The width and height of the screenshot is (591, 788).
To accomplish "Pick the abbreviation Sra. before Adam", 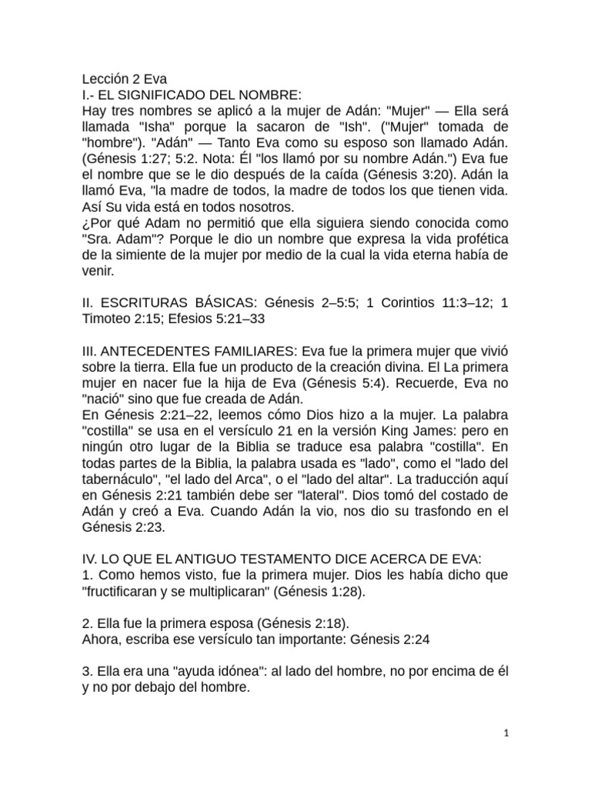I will (x=96, y=242).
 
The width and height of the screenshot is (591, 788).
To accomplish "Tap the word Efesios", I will (x=200, y=322).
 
